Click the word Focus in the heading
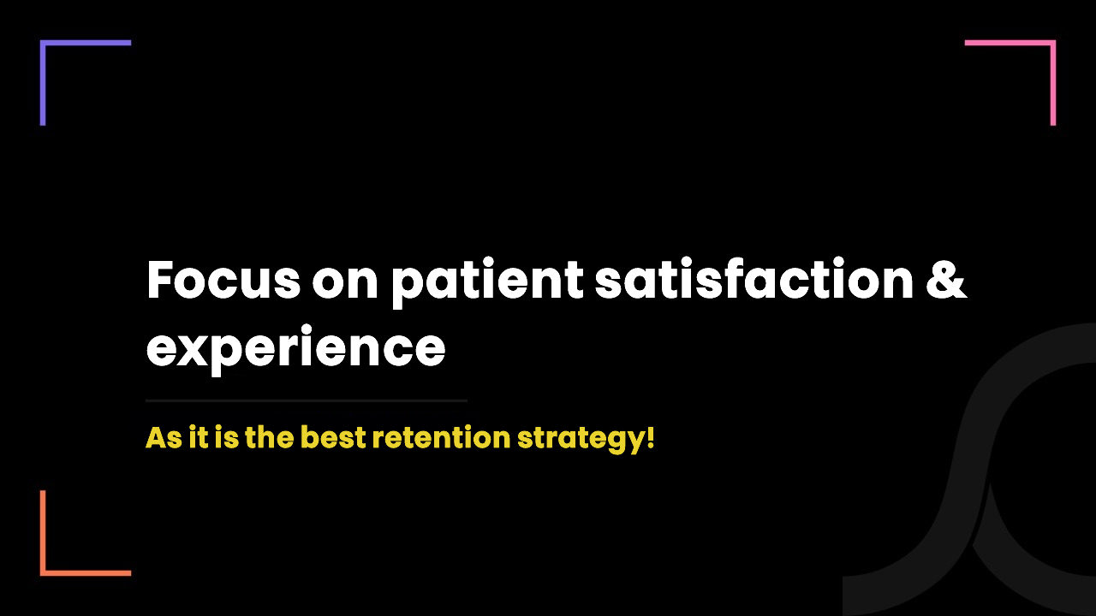click(x=223, y=279)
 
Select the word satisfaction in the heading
click(x=754, y=277)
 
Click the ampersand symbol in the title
click(x=946, y=279)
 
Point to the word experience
click(x=296, y=348)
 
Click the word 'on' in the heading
click(x=345, y=284)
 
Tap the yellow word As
click(x=164, y=437)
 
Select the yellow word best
click(x=333, y=436)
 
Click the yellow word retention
click(x=442, y=437)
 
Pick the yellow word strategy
click(x=581, y=440)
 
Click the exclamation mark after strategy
click(x=650, y=437)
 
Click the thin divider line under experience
click(x=307, y=400)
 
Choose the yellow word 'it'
click(x=198, y=436)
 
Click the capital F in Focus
click(x=159, y=279)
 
